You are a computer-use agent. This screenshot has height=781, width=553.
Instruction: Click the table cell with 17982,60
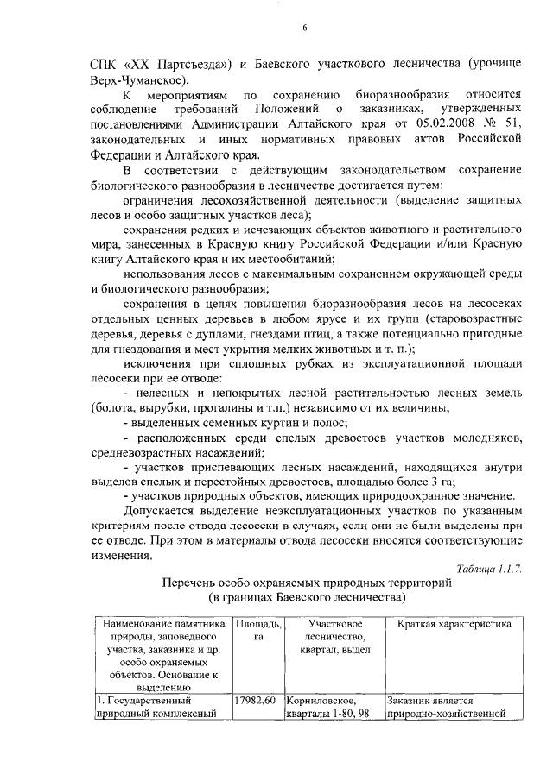255,701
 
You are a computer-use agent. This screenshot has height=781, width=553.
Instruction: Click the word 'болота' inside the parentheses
117,408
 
